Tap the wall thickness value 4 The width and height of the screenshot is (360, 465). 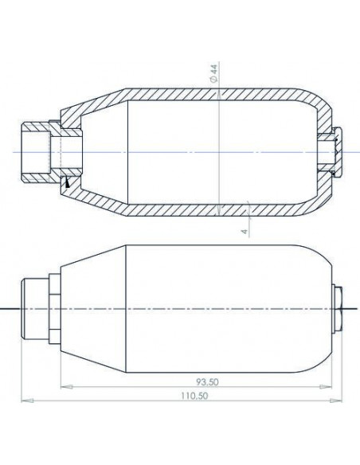pyautogui.click(x=245, y=231)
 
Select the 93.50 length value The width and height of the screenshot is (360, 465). pyautogui.click(x=207, y=382)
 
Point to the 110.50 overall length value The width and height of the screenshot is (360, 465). pyautogui.click(x=195, y=396)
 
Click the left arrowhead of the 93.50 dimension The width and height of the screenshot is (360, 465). pyautogui.click(x=66, y=387)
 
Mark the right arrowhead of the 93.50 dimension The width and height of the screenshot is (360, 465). pyautogui.click(x=326, y=387)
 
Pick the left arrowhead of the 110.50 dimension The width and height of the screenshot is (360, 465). pyautogui.click(x=27, y=401)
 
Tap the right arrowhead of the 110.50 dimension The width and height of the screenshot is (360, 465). pyautogui.click(x=336, y=401)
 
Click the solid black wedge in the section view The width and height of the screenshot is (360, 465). pyautogui.click(x=68, y=182)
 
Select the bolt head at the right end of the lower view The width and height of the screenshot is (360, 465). pyautogui.click(x=338, y=309)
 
